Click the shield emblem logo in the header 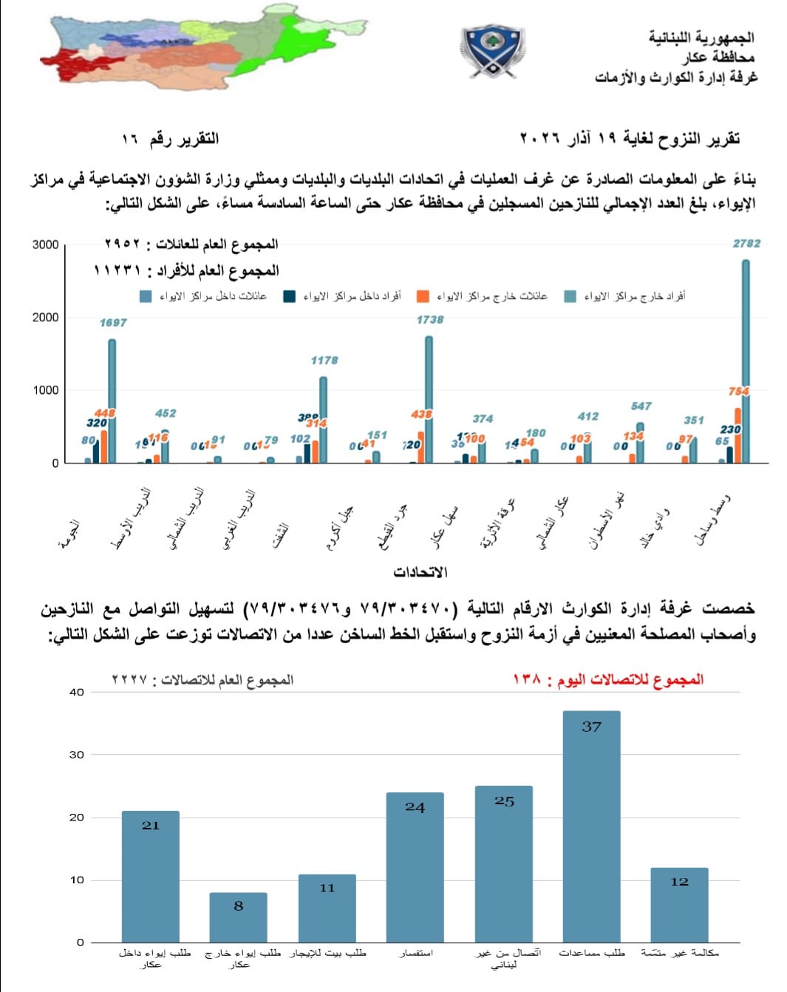pyautogui.click(x=491, y=50)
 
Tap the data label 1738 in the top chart pyautogui.click(x=430, y=319)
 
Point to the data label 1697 pyautogui.click(x=113, y=322)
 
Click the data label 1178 pyautogui.click(x=324, y=360)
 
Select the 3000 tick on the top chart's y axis pyautogui.click(x=45, y=245)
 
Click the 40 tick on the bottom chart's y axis pyautogui.click(x=77, y=692)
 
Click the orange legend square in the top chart pyautogui.click(x=423, y=296)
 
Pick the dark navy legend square pyautogui.click(x=290, y=296)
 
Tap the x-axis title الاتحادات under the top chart pyautogui.click(x=420, y=572)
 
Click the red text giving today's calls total pyautogui.click(x=607, y=679)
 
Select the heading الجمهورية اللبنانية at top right pyautogui.click(x=701, y=37)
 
